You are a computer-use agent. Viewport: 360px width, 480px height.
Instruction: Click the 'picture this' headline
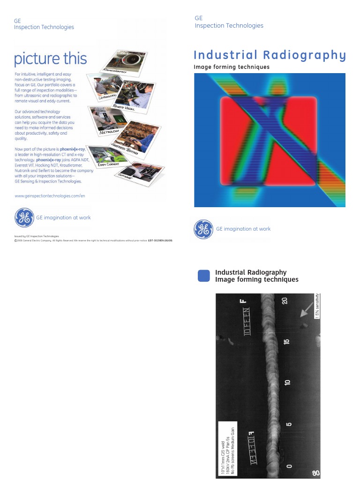51,59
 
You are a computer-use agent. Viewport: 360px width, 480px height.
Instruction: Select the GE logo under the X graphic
203,229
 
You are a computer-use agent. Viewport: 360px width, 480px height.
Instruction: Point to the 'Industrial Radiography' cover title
270,55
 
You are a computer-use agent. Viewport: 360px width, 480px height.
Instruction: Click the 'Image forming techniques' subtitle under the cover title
232,67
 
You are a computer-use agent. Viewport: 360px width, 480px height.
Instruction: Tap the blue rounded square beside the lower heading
204,276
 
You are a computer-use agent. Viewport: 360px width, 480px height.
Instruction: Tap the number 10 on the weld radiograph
288,382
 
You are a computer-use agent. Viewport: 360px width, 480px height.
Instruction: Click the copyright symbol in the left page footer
15,240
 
